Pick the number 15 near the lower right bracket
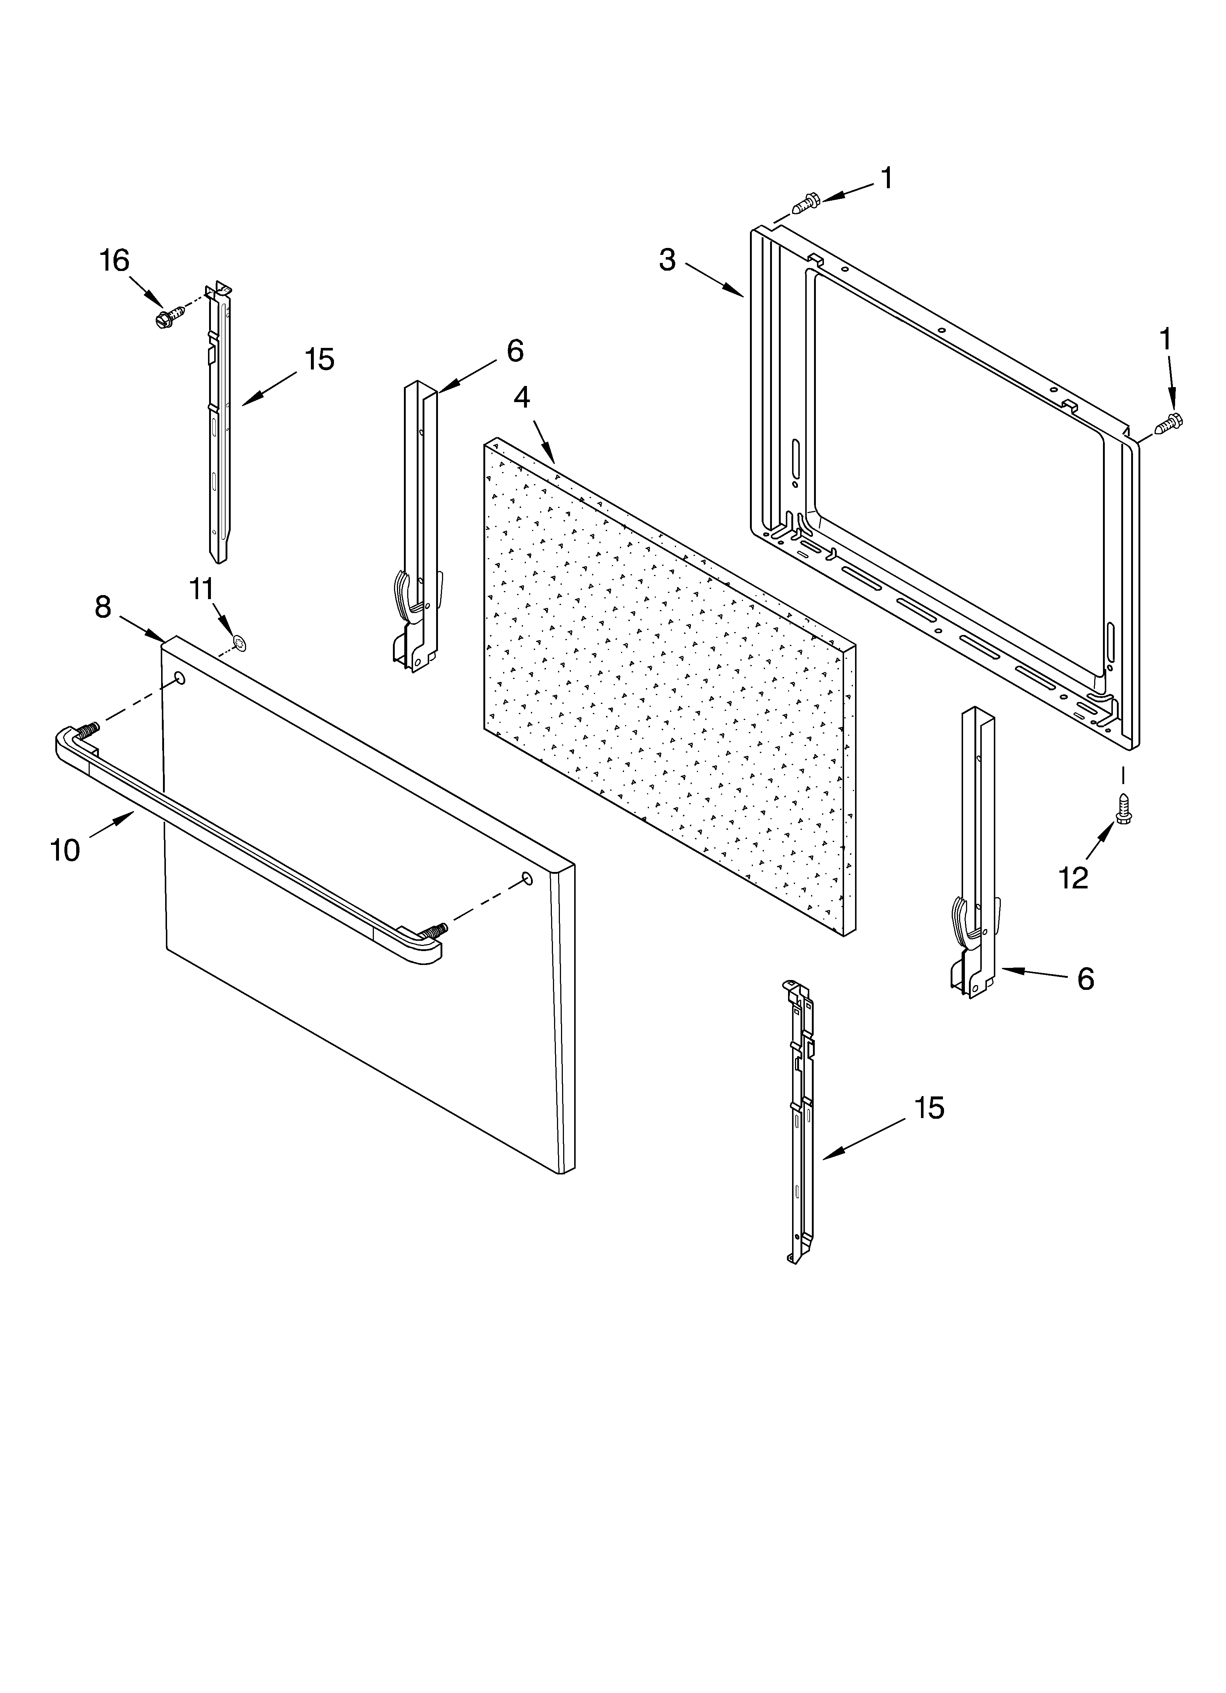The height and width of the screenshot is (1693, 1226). point(930,1109)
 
